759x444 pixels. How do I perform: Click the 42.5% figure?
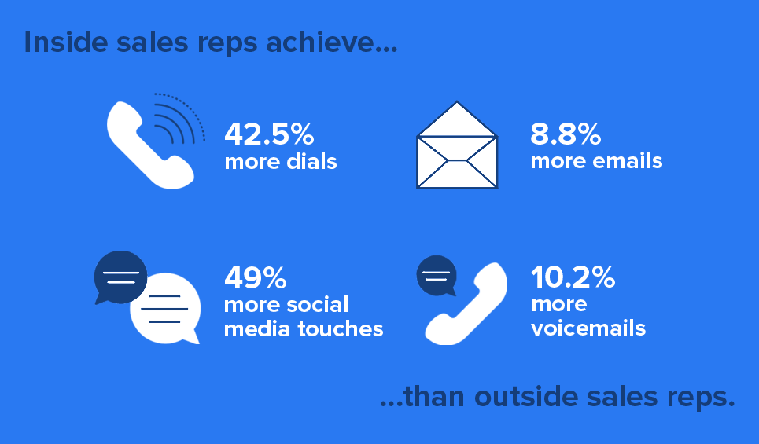click(x=269, y=134)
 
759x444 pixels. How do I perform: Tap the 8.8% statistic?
click(x=566, y=134)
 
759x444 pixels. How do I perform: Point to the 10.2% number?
click(x=573, y=277)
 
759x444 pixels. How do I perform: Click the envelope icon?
click(x=457, y=149)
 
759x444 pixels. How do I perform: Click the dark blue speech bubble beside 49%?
click(x=120, y=277)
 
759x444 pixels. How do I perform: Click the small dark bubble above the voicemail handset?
click(x=437, y=276)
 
